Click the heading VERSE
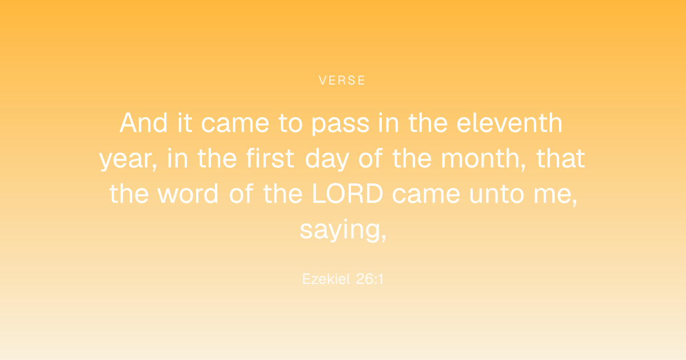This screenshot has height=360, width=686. click(x=342, y=80)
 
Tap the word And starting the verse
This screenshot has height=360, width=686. click(x=143, y=123)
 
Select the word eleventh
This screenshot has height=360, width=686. click(x=509, y=123)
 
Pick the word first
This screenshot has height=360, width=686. click(x=270, y=158)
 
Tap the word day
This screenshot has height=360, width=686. click(x=327, y=159)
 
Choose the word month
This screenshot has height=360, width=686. click(x=481, y=158)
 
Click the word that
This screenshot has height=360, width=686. click(x=561, y=158)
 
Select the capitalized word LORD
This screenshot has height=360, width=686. click(x=348, y=194)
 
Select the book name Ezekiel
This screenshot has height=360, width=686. click(x=326, y=279)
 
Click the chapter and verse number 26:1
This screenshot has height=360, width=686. click(x=370, y=279)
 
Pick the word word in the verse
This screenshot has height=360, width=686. click(x=188, y=194)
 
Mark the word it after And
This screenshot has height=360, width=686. click(x=185, y=123)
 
